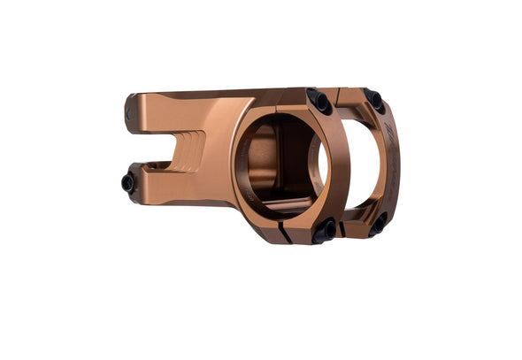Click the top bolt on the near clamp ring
pyautogui.click(x=319, y=101)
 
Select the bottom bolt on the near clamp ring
pyautogui.click(x=325, y=231)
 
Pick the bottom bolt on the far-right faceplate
pyautogui.click(x=378, y=224)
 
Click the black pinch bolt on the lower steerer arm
pyautogui.click(x=128, y=183)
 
